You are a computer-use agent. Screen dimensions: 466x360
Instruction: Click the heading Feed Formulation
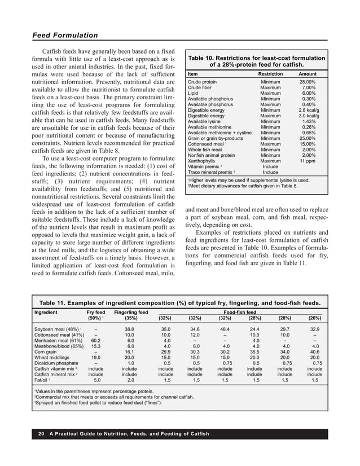click(65, 36)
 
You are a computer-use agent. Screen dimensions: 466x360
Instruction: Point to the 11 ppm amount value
click(307, 161)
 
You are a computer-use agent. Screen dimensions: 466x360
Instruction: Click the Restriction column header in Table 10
click(270, 74)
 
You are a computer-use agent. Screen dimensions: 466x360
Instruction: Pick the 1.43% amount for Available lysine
click(309, 121)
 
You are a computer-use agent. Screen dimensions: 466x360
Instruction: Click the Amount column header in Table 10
click(308, 74)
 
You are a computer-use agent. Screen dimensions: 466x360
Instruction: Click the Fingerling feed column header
click(131, 312)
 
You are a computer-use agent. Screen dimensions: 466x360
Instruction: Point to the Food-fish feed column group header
click(240, 312)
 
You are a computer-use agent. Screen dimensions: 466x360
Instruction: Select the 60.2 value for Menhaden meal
click(96, 340)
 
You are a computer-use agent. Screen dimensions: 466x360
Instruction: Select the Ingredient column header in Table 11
click(49, 312)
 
